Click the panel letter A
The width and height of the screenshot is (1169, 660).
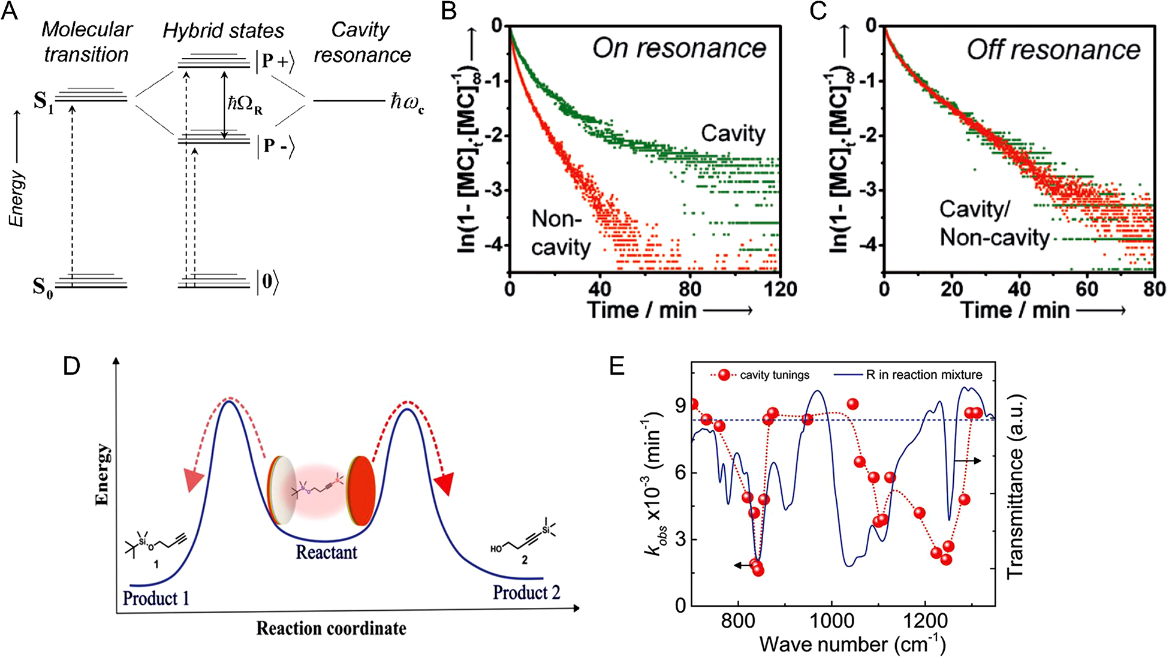point(10,12)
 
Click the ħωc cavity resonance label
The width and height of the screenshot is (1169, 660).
point(407,101)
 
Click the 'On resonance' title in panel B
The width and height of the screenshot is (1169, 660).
point(679,48)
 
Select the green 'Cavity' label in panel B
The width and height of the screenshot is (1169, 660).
point(733,133)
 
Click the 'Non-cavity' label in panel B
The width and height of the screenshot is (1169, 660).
point(561,233)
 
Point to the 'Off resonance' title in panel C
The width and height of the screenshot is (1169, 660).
point(1053,50)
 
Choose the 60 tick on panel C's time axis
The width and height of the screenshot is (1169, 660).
point(1086,290)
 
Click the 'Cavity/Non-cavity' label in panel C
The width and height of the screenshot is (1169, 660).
point(994,224)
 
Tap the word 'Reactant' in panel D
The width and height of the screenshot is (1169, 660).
point(326,551)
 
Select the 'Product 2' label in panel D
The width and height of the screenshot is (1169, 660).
point(526,592)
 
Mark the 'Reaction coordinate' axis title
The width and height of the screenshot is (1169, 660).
point(331,628)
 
